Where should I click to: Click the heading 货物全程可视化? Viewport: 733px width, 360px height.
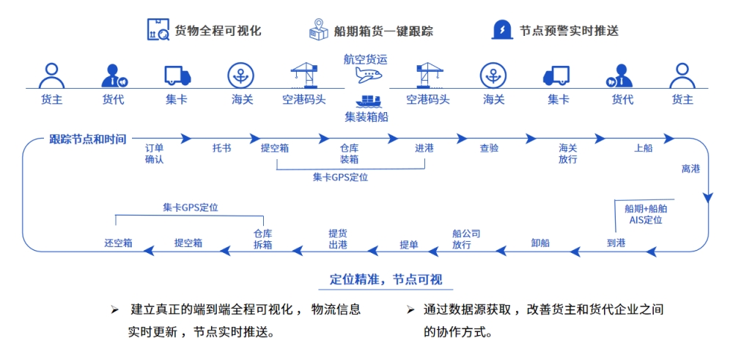[218, 31]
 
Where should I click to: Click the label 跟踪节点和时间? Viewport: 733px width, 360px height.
[87, 139]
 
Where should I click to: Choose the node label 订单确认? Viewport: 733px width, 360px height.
[154, 153]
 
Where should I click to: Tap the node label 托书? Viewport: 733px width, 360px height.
[221, 148]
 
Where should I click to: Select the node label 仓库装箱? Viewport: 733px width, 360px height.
[349, 153]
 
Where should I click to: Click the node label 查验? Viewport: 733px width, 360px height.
[489, 148]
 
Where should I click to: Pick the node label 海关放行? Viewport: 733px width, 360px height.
[568, 153]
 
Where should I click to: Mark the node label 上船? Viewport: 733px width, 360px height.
[643, 148]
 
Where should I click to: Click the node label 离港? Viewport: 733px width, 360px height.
[690, 169]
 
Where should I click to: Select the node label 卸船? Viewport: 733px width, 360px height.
[540, 243]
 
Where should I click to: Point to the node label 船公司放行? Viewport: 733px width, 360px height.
[466, 239]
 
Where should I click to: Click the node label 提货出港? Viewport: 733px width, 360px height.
[338, 239]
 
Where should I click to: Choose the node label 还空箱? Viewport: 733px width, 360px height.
[118, 243]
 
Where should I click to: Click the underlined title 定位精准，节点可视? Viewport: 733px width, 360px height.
[386, 280]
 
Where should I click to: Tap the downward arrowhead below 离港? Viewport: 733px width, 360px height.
[707, 196]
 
